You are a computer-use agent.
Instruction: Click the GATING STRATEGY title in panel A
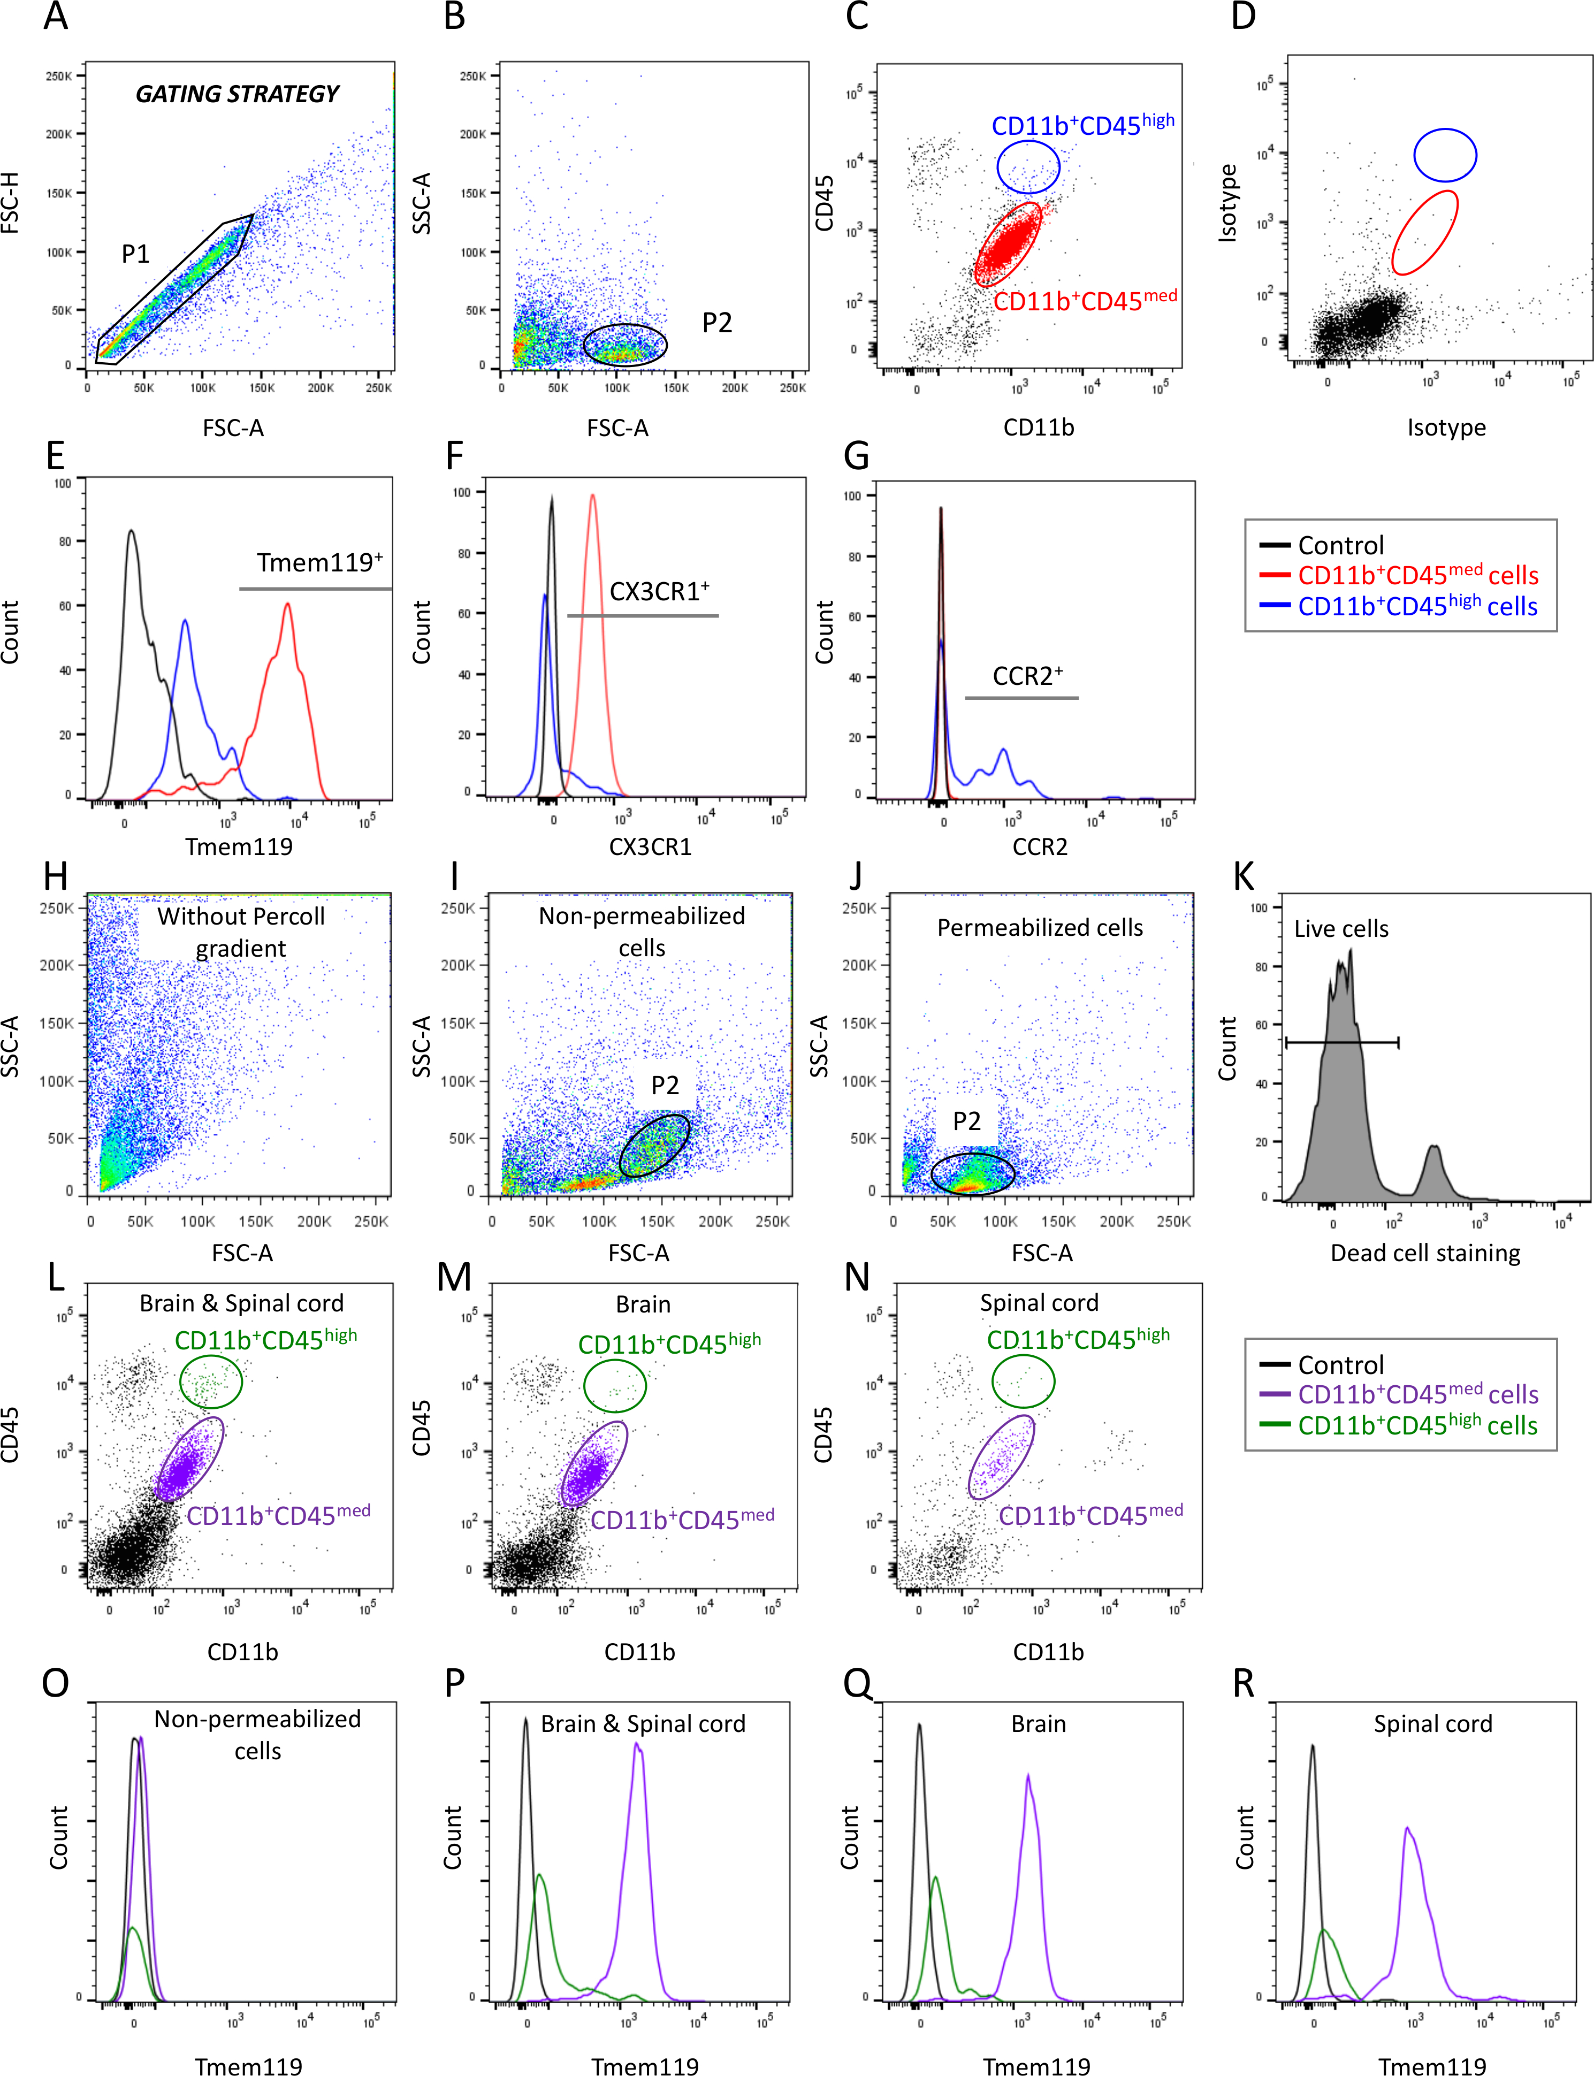(237, 94)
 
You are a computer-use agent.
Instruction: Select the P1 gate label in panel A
(136, 254)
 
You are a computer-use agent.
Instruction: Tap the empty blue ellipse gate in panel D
(1445, 155)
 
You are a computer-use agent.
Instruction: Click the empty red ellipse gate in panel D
(1424, 232)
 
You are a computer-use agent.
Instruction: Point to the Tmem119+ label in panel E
(320, 563)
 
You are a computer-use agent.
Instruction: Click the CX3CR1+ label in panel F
(659, 592)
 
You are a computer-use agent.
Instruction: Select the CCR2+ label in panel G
(1027, 676)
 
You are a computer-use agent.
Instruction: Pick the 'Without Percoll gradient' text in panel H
(241, 932)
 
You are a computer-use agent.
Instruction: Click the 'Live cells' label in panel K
(1341, 929)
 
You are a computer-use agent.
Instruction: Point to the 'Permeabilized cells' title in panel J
(1040, 928)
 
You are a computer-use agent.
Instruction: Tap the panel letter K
(1243, 877)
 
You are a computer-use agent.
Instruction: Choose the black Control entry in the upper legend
(1340, 546)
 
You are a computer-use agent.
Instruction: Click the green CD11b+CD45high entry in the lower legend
(1416, 1425)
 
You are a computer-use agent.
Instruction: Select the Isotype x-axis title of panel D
(1446, 428)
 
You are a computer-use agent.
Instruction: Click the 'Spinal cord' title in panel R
(1433, 1724)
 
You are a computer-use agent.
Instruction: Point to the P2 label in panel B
(718, 324)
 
